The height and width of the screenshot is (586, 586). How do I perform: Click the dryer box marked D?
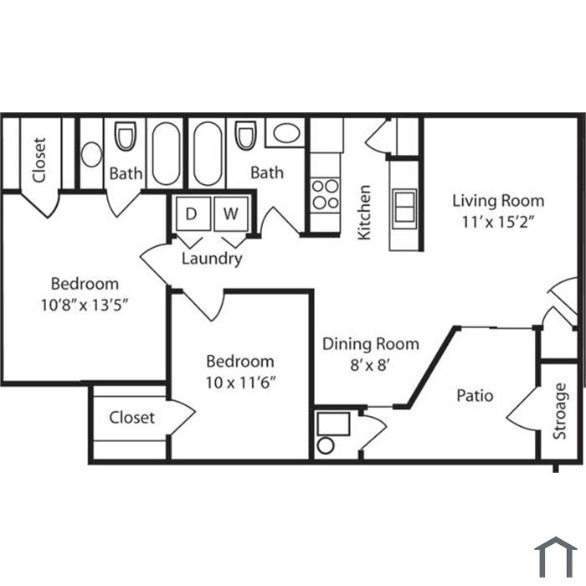click(193, 213)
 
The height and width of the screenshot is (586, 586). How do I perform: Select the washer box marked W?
click(231, 213)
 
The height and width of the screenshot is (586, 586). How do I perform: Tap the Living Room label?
click(498, 201)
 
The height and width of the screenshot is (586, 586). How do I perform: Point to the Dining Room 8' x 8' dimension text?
click(370, 365)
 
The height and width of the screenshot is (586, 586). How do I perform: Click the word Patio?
click(475, 395)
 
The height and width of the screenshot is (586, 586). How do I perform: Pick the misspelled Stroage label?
click(559, 411)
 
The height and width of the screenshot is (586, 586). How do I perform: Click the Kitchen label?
click(364, 213)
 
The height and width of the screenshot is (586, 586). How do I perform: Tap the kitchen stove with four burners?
click(326, 195)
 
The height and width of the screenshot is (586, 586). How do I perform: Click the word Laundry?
click(212, 259)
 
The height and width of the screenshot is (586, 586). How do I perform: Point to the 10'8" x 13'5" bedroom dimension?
click(85, 306)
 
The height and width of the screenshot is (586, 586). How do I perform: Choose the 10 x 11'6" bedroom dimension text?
click(241, 383)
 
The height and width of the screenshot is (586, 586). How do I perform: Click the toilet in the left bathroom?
click(125, 136)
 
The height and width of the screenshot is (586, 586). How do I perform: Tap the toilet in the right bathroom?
click(245, 136)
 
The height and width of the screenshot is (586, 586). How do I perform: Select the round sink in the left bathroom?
click(91, 154)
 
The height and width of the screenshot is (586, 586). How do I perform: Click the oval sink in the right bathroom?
click(286, 132)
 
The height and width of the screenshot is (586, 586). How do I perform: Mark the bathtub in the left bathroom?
click(166, 153)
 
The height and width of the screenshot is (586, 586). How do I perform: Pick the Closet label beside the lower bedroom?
click(132, 418)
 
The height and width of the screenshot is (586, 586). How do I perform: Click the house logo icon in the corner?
click(556, 558)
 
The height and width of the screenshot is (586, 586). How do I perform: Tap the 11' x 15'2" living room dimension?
click(497, 222)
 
